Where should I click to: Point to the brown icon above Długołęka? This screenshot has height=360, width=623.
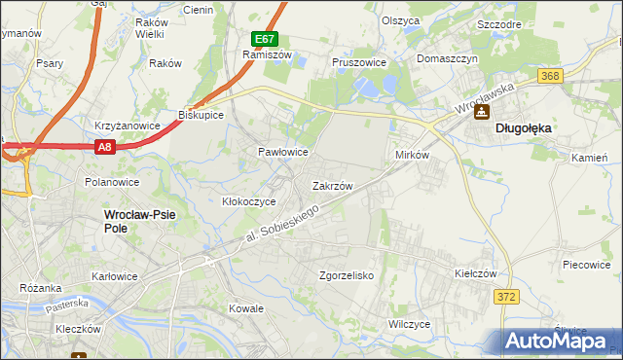tap(480, 113)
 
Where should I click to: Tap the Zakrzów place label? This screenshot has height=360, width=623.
tap(332, 185)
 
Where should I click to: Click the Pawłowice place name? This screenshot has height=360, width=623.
tap(282, 153)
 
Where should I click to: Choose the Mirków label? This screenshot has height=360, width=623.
tap(411, 156)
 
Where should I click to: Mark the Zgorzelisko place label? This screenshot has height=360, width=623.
tap(347, 275)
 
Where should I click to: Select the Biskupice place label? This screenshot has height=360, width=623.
tap(202, 115)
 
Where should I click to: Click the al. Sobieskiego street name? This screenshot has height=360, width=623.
tap(281, 225)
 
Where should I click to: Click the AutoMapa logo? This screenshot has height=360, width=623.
tap(561, 342)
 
